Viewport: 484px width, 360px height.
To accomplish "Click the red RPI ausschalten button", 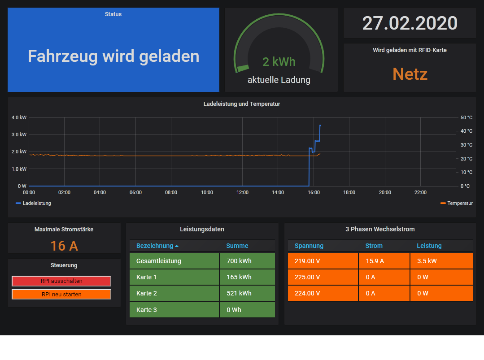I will (x=61, y=281).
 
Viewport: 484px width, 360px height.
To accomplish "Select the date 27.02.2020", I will (x=410, y=23).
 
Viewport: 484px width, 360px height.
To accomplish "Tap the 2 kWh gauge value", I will (x=279, y=61).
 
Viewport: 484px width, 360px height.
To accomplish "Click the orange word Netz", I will (x=410, y=74).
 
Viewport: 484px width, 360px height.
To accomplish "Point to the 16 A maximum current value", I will (x=64, y=246).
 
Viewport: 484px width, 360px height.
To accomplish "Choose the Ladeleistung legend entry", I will (x=36, y=203).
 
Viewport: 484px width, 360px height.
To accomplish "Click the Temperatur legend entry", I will (x=459, y=203).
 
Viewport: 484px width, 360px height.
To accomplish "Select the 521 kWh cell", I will (x=239, y=293).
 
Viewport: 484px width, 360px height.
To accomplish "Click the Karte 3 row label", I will (x=147, y=310).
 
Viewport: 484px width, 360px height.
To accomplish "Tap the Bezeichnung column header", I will (x=155, y=246).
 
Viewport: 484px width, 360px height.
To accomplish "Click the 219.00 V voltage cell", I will (x=307, y=261).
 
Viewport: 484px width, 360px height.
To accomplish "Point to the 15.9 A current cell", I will (x=375, y=261).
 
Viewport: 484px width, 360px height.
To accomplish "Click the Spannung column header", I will (x=309, y=246).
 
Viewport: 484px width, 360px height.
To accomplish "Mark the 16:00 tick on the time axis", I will (x=314, y=192).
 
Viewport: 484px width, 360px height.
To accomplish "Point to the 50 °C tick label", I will (x=467, y=117).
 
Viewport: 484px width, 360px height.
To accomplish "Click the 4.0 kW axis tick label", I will (x=19, y=117).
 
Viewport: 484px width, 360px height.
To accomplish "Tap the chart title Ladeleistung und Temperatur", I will (x=242, y=104).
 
